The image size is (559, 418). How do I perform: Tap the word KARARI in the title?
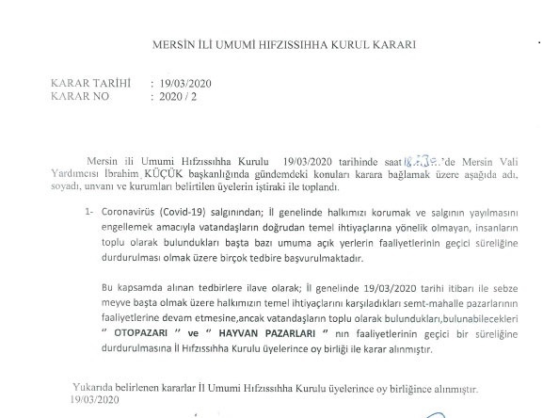[x=389, y=44]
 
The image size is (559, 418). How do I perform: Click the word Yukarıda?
[x=91, y=386]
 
